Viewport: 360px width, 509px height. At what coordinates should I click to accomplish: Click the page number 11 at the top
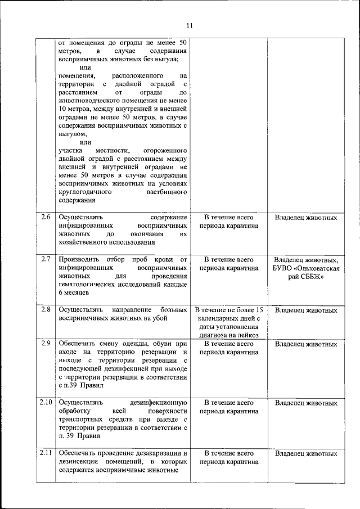coord(189,25)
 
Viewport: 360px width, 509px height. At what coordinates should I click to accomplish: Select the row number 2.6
coord(46,217)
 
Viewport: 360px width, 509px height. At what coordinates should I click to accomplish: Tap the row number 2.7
coord(46,259)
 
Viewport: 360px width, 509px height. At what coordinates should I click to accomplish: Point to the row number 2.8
coord(46,310)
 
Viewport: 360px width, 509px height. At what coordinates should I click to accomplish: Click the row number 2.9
coord(46,344)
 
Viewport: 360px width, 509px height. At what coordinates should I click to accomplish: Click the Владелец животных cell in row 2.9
coord(306,344)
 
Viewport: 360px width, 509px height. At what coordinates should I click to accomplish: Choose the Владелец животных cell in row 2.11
coord(306,453)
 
